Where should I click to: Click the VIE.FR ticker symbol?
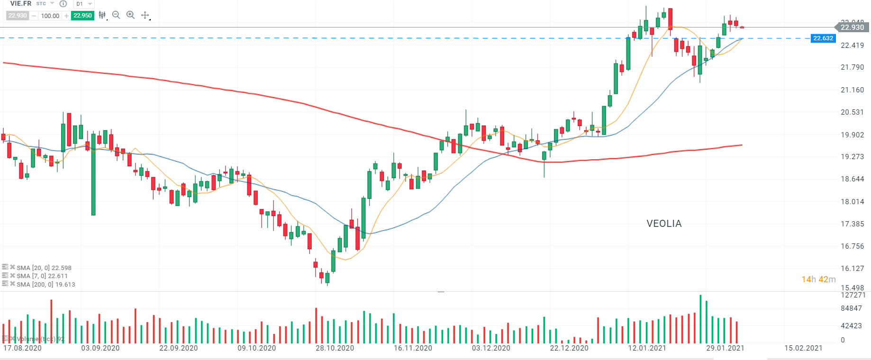click(x=21, y=4)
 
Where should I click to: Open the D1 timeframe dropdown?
click(x=84, y=4)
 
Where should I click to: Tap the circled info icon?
click(x=63, y=4)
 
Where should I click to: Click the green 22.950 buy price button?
click(x=82, y=16)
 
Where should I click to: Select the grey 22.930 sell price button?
click(x=18, y=16)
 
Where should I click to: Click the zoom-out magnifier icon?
click(x=116, y=15)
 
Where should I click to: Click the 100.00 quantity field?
click(x=50, y=16)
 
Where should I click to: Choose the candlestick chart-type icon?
click(x=102, y=15)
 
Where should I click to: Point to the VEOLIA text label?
click(x=664, y=224)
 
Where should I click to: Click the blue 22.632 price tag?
click(x=823, y=38)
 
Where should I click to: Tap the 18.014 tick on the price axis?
click(x=852, y=202)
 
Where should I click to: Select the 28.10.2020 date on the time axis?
click(x=335, y=348)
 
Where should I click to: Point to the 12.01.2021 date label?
click(x=647, y=348)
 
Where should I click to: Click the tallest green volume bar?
click(x=700, y=319)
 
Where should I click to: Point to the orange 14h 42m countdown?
click(x=818, y=279)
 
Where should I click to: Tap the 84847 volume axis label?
click(x=851, y=308)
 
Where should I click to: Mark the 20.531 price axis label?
click(x=852, y=112)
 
